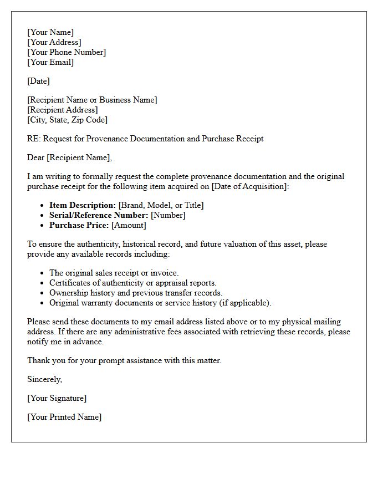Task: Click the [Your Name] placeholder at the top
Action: click(x=50, y=32)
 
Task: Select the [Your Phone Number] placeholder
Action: click(x=67, y=52)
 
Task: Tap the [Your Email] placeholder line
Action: click(x=50, y=62)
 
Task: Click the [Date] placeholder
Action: click(x=38, y=81)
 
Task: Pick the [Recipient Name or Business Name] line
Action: click(x=92, y=100)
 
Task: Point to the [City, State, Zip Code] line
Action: click(x=67, y=120)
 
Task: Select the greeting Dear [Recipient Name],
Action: click(x=69, y=157)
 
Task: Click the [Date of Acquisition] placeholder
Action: click(x=250, y=186)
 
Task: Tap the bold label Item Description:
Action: click(x=83, y=205)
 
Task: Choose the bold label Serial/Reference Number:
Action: click(x=99, y=215)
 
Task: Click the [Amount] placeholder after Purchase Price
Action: click(x=129, y=225)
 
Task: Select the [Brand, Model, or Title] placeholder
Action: click(x=161, y=205)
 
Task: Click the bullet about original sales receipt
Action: click(x=114, y=273)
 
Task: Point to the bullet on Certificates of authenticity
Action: click(x=132, y=283)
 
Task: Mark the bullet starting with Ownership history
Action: click(x=136, y=293)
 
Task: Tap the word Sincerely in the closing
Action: click(x=44, y=379)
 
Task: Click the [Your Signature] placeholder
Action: click(x=57, y=398)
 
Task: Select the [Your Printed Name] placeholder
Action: click(x=64, y=417)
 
